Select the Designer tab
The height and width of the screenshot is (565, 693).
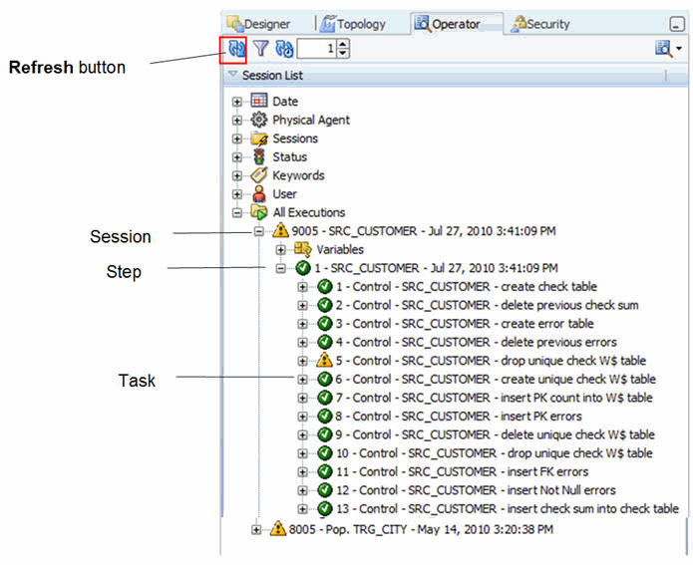[258, 23]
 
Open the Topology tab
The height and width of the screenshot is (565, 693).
[353, 23]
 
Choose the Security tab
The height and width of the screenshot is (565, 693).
[540, 23]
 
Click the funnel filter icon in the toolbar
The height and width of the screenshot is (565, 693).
[261, 48]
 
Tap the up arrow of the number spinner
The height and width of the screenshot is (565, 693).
[343, 44]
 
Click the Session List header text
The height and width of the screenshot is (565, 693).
[272, 76]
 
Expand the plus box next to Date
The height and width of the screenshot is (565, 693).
[237, 102]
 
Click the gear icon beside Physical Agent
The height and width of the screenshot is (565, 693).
[259, 120]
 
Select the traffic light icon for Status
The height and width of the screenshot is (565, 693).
[259, 156]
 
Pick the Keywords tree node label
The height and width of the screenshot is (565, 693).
[298, 175]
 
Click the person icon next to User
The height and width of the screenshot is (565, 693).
[259, 194]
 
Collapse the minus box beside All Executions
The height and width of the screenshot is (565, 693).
[237, 213]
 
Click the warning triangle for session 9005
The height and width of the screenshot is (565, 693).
[280, 230]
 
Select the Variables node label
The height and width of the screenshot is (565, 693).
[340, 249]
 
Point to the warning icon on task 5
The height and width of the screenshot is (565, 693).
[324, 361]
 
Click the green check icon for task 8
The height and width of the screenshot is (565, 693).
[324, 417]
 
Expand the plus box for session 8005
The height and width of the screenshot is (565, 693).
[256, 530]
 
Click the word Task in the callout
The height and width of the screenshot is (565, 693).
[137, 381]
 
